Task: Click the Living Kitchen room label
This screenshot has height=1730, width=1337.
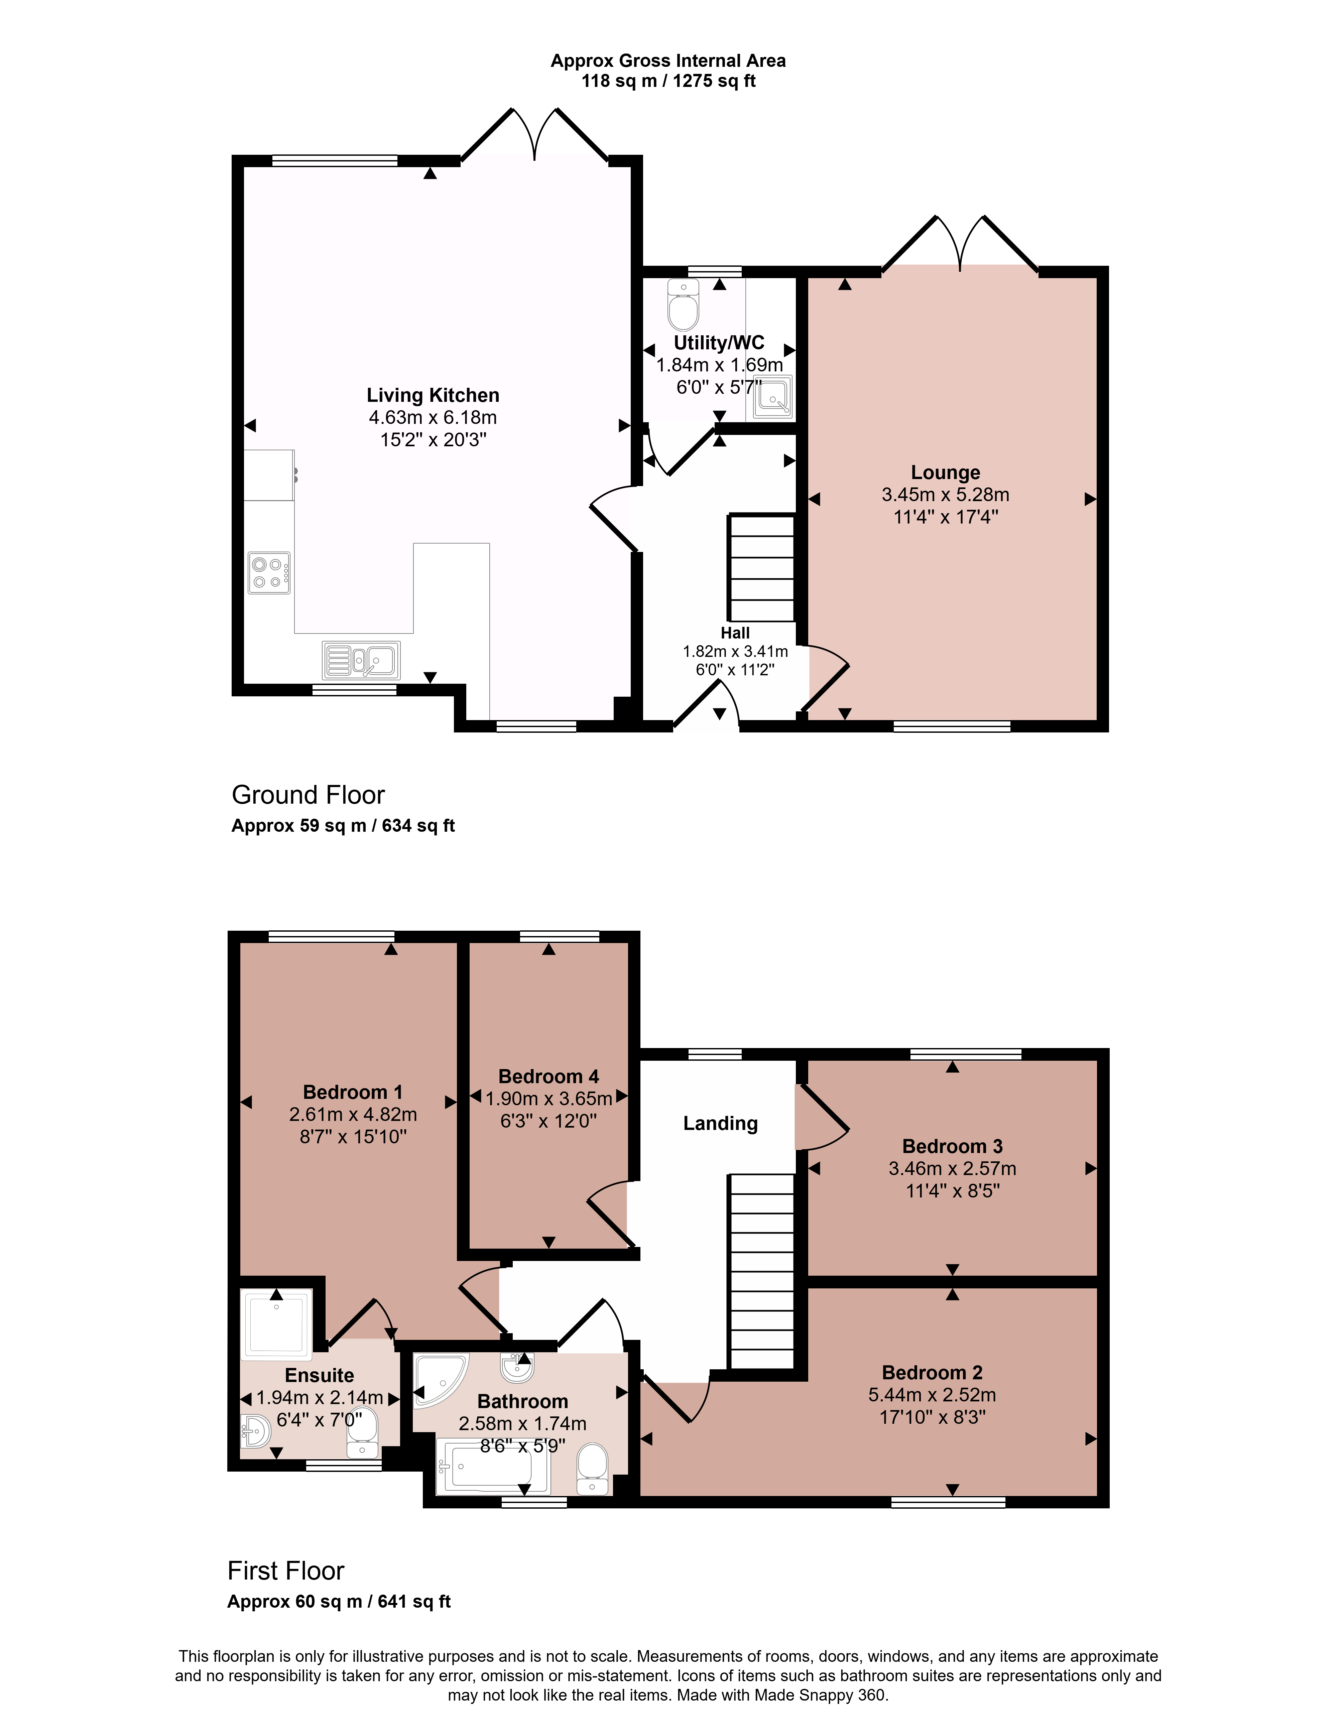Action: tap(433, 395)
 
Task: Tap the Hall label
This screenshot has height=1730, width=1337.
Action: tap(735, 633)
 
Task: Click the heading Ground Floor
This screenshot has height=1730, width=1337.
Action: tap(308, 795)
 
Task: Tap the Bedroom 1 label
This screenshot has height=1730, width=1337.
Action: tap(353, 1092)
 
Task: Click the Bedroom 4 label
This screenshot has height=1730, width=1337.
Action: tap(548, 1076)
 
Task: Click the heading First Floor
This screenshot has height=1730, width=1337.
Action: tap(286, 1571)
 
